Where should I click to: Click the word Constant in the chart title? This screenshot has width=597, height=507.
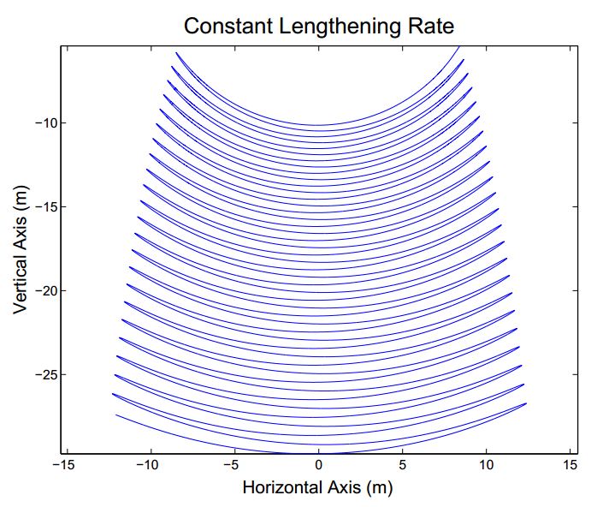pos(224,26)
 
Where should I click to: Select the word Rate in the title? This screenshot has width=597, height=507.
pos(428,26)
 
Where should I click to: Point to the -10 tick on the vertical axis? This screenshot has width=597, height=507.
pos(44,123)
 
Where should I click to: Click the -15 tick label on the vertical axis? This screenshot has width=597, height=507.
pos(44,207)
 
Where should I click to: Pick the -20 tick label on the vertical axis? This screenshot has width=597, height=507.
pos(44,291)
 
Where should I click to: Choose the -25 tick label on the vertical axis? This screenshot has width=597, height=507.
pos(44,375)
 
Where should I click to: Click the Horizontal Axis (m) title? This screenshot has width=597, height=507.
pos(317,488)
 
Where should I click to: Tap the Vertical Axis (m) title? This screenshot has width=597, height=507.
pos(21,249)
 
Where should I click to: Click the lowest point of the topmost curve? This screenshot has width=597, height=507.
pos(319,126)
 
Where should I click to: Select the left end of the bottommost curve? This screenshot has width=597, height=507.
pos(115,415)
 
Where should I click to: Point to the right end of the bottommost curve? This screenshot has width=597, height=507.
pos(526,403)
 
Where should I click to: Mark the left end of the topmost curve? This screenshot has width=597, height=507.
pos(176,53)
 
